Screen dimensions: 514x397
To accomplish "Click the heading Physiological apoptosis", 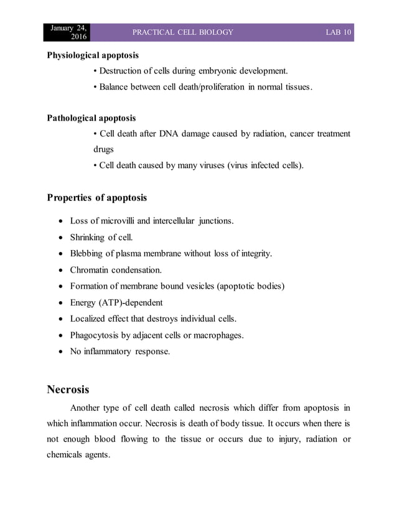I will [93, 55].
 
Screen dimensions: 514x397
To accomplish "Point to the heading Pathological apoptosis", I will [91, 118].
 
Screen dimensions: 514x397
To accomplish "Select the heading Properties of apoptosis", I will [97, 198].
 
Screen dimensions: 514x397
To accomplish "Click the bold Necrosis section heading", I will [68, 390].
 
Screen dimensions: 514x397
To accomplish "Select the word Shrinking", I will [89, 237].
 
